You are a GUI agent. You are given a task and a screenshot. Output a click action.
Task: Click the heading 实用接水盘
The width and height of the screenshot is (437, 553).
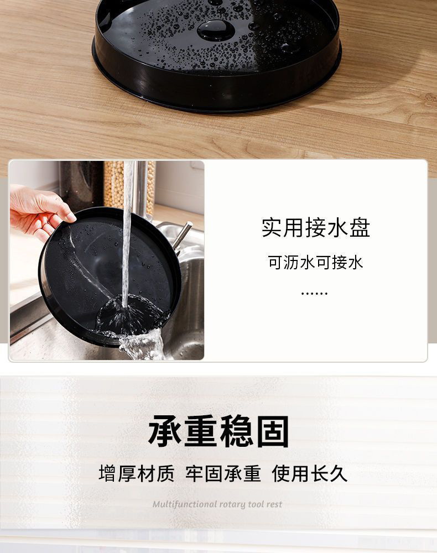[316, 227]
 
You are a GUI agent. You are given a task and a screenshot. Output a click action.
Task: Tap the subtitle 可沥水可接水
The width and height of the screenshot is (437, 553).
[315, 262]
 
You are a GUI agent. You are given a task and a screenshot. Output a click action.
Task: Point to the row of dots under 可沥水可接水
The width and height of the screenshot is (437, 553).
[314, 293]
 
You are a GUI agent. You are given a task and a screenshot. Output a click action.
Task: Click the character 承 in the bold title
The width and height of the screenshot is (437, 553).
[165, 431]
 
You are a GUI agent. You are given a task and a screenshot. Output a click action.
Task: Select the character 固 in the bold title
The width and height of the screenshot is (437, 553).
[273, 431]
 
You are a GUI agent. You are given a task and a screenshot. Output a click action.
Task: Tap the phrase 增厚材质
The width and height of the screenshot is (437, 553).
[137, 473]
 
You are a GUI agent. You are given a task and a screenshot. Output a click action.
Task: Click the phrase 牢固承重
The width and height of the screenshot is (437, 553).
[223, 473]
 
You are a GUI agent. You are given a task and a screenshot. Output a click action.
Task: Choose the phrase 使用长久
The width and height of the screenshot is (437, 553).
[310, 473]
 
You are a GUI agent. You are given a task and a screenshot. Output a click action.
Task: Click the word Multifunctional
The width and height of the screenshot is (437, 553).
[185, 504]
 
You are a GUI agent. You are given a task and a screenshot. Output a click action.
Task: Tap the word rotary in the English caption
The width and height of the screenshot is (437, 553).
[232, 505]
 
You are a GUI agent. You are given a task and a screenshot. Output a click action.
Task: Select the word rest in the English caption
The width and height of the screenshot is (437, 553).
[274, 504]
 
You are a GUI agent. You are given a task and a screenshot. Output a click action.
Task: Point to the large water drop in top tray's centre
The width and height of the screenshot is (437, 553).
[216, 29]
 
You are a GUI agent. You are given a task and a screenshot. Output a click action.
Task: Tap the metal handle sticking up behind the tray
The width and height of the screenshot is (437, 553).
[182, 236]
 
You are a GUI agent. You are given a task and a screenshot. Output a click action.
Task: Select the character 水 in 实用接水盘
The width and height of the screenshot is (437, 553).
[337, 227]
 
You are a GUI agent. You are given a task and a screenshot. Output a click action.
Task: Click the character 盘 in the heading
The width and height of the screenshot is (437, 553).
[360, 227]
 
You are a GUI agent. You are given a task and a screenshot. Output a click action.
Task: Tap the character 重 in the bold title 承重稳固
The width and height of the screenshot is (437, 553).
[201, 431]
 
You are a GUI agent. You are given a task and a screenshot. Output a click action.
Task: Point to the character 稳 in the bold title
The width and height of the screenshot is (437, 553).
[237, 431]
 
